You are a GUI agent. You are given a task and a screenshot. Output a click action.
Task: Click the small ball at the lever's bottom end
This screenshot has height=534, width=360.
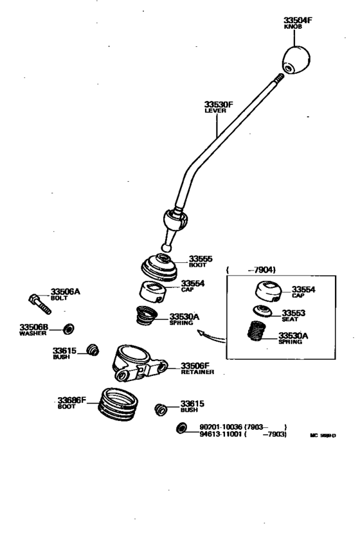coord(166,246)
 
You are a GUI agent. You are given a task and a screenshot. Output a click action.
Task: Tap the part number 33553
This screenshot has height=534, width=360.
coord(295,313)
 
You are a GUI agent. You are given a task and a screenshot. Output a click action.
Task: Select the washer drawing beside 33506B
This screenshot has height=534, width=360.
coord(67,329)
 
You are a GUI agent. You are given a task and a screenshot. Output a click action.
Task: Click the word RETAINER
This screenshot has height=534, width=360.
coord(194,371)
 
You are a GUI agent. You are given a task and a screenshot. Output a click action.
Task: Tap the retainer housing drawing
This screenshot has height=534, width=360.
coord(135,363)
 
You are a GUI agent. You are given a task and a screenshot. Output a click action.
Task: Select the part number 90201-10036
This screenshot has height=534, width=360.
coord(220,427)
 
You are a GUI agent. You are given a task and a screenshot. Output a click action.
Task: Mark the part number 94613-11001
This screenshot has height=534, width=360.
coord(220,435)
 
